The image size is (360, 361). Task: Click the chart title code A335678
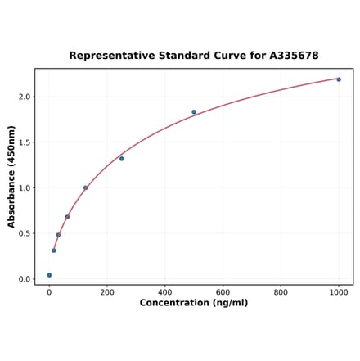pyautogui.click(x=290, y=56)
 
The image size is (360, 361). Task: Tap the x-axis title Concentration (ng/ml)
pyautogui.click(x=194, y=303)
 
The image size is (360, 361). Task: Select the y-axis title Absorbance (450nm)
pyautogui.click(x=11, y=176)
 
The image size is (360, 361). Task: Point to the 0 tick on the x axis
pyautogui.click(x=49, y=291)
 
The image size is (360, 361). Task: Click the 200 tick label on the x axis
pyautogui.click(x=107, y=291)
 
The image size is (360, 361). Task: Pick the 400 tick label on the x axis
pyautogui.click(x=165, y=291)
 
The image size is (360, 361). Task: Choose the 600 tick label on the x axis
pyautogui.click(x=223, y=291)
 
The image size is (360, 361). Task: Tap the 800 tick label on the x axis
pyautogui.click(x=281, y=291)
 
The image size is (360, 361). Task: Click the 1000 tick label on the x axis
pyautogui.click(x=339, y=291)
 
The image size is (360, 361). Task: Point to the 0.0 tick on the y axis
pyautogui.click(x=25, y=279)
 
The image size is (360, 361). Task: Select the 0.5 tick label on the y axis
pyautogui.click(x=25, y=233)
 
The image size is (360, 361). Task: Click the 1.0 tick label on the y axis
pyautogui.click(x=25, y=187)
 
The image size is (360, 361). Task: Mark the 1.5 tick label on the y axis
pyautogui.click(x=25, y=142)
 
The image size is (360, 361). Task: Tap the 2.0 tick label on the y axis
pyautogui.click(x=25, y=97)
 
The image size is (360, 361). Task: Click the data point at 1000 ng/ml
pyautogui.click(x=339, y=79)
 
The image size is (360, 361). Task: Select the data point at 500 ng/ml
pyautogui.click(x=194, y=112)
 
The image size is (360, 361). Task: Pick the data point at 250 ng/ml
pyautogui.click(x=122, y=158)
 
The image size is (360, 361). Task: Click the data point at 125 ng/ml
pyautogui.click(x=85, y=187)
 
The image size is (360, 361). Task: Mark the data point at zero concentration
pyautogui.click(x=49, y=275)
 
